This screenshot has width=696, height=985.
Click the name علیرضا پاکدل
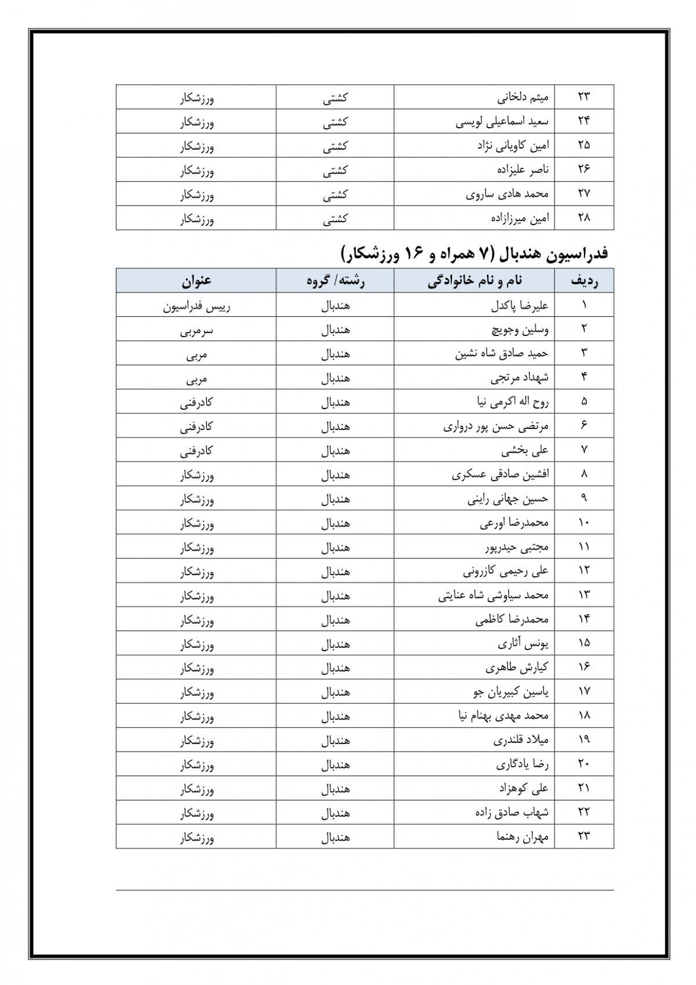pyautogui.click(x=519, y=305)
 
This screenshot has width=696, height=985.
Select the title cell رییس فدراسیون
pyautogui.click(x=197, y=306)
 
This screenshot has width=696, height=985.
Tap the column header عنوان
pyautogui.click(x=197, y=281)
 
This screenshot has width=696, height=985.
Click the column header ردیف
pyautogui.click(x=584, y=281)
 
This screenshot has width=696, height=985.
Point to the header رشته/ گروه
pyautogui.click(x=336, y=281)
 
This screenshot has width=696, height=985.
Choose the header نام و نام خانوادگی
pyautogui.click(x=475, y=281)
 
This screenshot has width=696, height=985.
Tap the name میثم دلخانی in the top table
pyautogui.click(x=523, y=98)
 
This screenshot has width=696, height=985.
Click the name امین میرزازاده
pyautogui.click(x=519, y=218)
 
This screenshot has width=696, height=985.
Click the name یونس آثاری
pyautogui.click(x=523, y=643)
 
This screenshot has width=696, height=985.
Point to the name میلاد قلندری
pyautogui.click(x=521, y=740)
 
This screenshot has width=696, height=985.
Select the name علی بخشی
pyautogui.click(x=525, y=450)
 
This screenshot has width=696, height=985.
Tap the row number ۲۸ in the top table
pyautogui.click(x=584, y=218)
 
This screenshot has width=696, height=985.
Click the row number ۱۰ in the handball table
pyautogui.click(x=584, y=523)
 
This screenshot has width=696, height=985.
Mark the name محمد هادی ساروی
pyautogui.click(x=507, y=194)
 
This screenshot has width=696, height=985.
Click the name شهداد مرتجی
pyautogui.click(x=520, y=378)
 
